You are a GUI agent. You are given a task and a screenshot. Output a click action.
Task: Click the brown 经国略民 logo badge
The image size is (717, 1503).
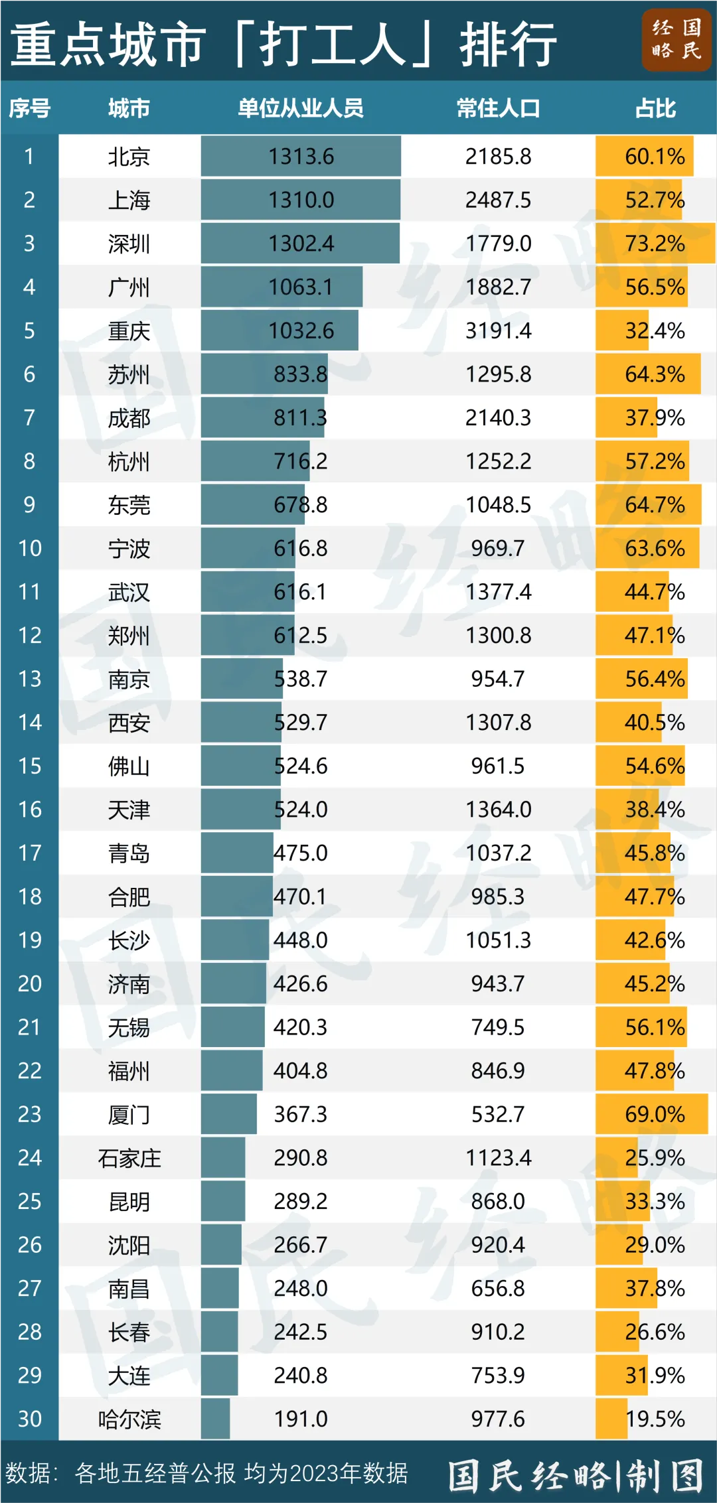click(676, 40)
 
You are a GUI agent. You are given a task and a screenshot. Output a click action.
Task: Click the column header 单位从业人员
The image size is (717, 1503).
click(301, 108)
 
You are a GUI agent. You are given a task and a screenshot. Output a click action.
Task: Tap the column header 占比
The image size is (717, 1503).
click(655, 108)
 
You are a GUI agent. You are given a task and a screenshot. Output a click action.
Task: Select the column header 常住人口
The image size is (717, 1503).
click(498, 108)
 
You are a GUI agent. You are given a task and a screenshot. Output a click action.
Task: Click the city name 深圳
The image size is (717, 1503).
click(129, 244)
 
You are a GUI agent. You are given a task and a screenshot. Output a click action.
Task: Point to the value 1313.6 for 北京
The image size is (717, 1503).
click(301, 157)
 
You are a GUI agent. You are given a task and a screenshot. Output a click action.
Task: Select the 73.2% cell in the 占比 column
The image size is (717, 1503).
click(655, 244)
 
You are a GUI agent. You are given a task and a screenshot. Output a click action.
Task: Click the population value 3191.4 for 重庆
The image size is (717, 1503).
click(498, 330)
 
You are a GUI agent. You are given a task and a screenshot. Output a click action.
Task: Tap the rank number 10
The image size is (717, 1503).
click(29, 548)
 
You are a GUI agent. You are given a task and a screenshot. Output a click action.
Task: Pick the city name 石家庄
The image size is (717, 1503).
click(129, 1158)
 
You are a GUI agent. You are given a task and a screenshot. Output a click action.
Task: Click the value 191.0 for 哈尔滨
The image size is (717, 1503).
click(301, 1419)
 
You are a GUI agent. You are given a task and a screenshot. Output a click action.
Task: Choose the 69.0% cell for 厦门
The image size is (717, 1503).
click(655, 1114)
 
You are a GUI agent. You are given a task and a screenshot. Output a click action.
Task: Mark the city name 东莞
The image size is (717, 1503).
click(129, 505)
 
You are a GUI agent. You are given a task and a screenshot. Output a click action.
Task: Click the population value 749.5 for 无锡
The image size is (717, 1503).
click(498, 1027)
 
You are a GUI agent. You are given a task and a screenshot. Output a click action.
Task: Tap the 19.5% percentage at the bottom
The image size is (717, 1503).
click(655, 1419)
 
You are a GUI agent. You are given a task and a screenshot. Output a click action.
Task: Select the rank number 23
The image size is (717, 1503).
click(29, 1114)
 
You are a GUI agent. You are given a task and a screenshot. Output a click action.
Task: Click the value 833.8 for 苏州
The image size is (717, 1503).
click(301, 374)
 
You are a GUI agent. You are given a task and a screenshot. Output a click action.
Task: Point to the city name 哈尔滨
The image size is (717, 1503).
click(129, 1419)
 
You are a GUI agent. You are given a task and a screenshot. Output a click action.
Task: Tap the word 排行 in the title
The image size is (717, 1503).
click(508, 44)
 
